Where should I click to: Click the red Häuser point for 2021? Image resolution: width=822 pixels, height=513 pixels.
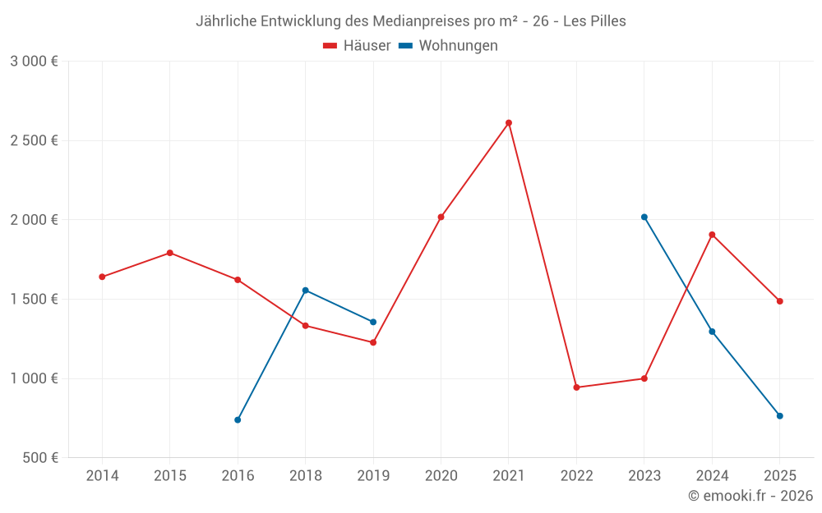509,123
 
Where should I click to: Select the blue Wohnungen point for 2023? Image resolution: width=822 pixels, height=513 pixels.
644,217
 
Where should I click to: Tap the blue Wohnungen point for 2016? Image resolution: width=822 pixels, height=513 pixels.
238,419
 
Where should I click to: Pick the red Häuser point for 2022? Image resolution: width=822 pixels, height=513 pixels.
576,387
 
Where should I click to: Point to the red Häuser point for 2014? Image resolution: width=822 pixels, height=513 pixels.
102,277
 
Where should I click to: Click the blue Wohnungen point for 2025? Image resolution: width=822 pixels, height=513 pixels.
780,416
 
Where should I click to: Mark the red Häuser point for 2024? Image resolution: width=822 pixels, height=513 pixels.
712,235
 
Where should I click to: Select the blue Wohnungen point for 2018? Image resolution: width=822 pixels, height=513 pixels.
306,290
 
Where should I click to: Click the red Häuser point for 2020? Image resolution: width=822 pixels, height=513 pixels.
441,217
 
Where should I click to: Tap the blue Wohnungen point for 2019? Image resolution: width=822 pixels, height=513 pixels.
373,322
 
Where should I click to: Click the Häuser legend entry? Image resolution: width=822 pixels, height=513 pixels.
357,46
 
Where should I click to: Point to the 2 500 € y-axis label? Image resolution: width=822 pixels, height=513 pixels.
34,140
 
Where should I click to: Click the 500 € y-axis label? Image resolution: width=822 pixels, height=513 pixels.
41,458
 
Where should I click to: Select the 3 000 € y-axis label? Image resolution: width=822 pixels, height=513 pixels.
34,61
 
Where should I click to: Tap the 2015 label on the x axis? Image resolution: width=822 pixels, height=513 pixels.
170,476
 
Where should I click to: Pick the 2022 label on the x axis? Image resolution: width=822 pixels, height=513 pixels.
576,476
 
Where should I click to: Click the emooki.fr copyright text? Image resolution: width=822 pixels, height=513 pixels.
750,496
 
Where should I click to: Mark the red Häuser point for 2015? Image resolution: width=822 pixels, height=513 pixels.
170,253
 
